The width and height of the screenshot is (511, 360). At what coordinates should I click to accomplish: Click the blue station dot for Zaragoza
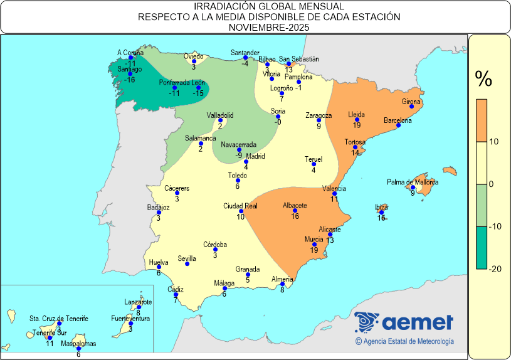319,120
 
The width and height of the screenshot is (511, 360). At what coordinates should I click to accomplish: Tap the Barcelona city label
398,120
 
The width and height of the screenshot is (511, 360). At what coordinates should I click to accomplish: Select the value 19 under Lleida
357,125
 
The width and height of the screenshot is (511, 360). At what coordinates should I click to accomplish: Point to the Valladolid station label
220,115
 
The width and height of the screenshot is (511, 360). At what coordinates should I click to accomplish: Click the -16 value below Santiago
130,80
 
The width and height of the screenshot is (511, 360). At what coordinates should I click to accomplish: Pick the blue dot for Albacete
295,211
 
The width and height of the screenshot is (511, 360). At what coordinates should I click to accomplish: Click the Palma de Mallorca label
413,183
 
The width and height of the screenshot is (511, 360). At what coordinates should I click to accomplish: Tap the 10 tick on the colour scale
494,142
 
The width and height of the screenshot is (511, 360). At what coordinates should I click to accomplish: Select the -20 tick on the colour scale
494,268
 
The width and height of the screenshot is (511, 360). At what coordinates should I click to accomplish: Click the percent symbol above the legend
483,79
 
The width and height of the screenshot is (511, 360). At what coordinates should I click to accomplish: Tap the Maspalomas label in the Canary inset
78,344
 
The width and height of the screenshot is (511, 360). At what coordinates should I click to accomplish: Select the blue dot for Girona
411,107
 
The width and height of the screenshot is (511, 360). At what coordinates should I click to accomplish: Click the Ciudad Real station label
241,206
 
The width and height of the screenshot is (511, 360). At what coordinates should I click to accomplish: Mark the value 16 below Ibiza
381,218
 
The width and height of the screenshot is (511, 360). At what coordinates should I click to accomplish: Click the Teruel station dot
313,164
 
